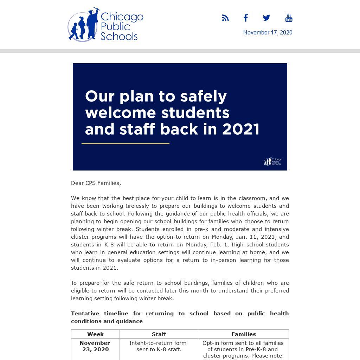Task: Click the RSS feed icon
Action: coord(225,18)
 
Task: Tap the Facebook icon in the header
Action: coord(246,18)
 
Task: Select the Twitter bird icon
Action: coord(266,18)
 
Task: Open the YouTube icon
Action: coord(289,18)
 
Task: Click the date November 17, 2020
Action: coord(268,32)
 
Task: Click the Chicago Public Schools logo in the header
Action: coord(105,25)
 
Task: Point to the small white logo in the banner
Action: coord(273,161)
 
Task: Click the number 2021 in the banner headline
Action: coord(241,129)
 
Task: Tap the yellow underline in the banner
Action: coord(126,143)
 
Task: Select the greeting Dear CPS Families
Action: coord(96,183)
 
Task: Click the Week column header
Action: coord(95,334)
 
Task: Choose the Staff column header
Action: coord(159,334)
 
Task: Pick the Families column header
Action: coord(243,334)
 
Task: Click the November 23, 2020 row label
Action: coord(95,346)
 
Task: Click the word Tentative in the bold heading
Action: coord(85,313)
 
